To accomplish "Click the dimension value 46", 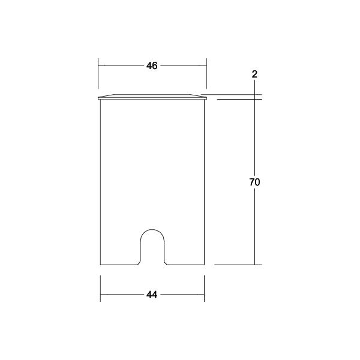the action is (152, 65).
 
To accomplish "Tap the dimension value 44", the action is (152, 295).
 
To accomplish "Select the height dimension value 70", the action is (254, 182).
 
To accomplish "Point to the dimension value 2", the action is (254, 74).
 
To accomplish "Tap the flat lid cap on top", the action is (152, 97).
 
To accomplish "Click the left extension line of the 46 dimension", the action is (98, 73).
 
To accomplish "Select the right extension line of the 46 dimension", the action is (206, 73).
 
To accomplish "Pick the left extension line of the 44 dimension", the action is (101, 289).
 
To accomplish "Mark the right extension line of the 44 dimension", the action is (204, 289).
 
